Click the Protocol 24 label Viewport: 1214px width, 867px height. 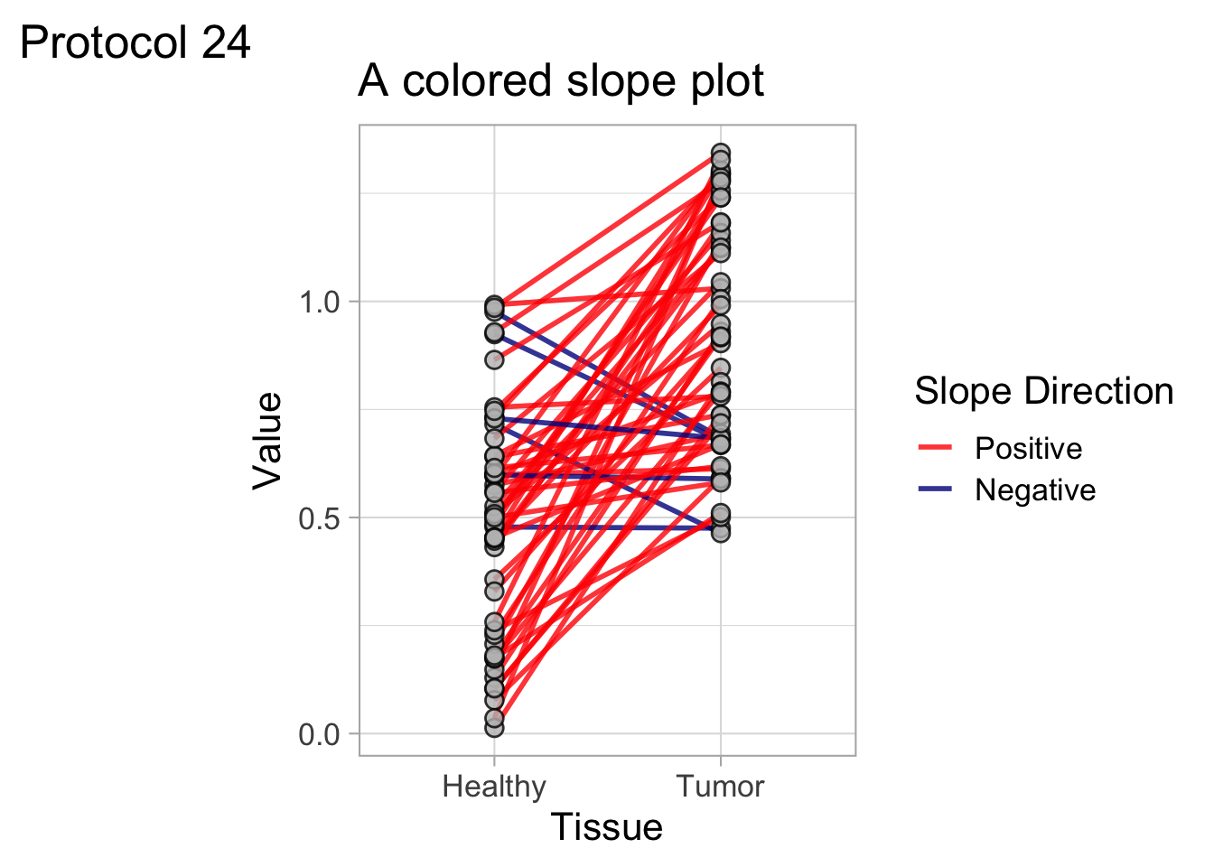pos(135,42)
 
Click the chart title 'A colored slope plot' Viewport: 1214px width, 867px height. pos(561,81)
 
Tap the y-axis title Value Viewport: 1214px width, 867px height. pos(267,441)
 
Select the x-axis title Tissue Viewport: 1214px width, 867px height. pos(607,827)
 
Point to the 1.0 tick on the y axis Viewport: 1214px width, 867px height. pos(319,302)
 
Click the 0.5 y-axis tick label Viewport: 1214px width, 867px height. pos(319,518)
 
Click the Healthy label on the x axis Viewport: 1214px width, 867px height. pos(494,787)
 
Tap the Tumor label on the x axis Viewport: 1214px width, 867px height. pos(720,787)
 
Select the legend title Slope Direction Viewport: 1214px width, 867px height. pos(1043,392)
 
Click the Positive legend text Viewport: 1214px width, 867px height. pos(1028,448)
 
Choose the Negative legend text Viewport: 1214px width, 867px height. pos(1035,489)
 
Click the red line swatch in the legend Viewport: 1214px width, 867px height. pos(936,448)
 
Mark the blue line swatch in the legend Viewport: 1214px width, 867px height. pos(936,489)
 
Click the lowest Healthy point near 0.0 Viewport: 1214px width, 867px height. pos(494,727)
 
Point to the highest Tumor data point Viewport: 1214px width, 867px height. pos(720,154)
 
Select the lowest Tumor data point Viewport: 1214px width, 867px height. pos(720,532)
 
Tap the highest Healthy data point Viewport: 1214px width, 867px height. pos(494,305)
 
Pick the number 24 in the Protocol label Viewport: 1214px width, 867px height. pos(226,42)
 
